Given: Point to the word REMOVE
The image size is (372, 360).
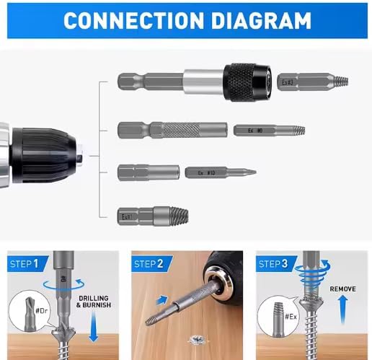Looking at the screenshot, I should [x=342, y=289].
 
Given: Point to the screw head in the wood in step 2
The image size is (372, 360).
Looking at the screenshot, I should [x=194, y=337].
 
